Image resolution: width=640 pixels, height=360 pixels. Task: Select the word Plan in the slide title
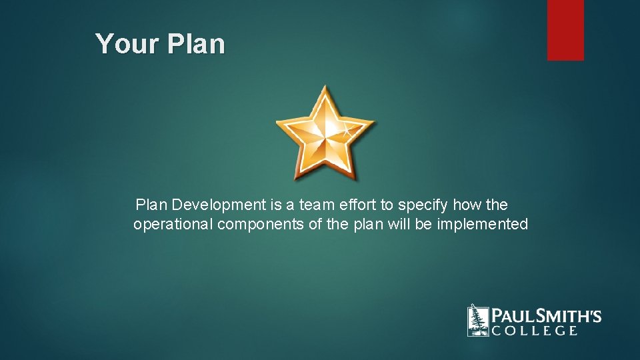197,44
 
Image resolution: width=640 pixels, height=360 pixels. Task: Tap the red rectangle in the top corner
565,30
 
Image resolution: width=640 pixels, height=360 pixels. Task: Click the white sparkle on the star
347,128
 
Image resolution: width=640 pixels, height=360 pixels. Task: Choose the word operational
173,225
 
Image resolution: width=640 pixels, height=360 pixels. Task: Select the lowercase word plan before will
369,225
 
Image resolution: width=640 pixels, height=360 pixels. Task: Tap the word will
400,225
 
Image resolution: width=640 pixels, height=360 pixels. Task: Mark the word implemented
482,225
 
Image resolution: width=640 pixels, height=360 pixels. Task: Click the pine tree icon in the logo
477,321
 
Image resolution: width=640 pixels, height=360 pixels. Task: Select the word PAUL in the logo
512,315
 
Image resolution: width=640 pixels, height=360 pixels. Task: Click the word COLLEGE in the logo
535,331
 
